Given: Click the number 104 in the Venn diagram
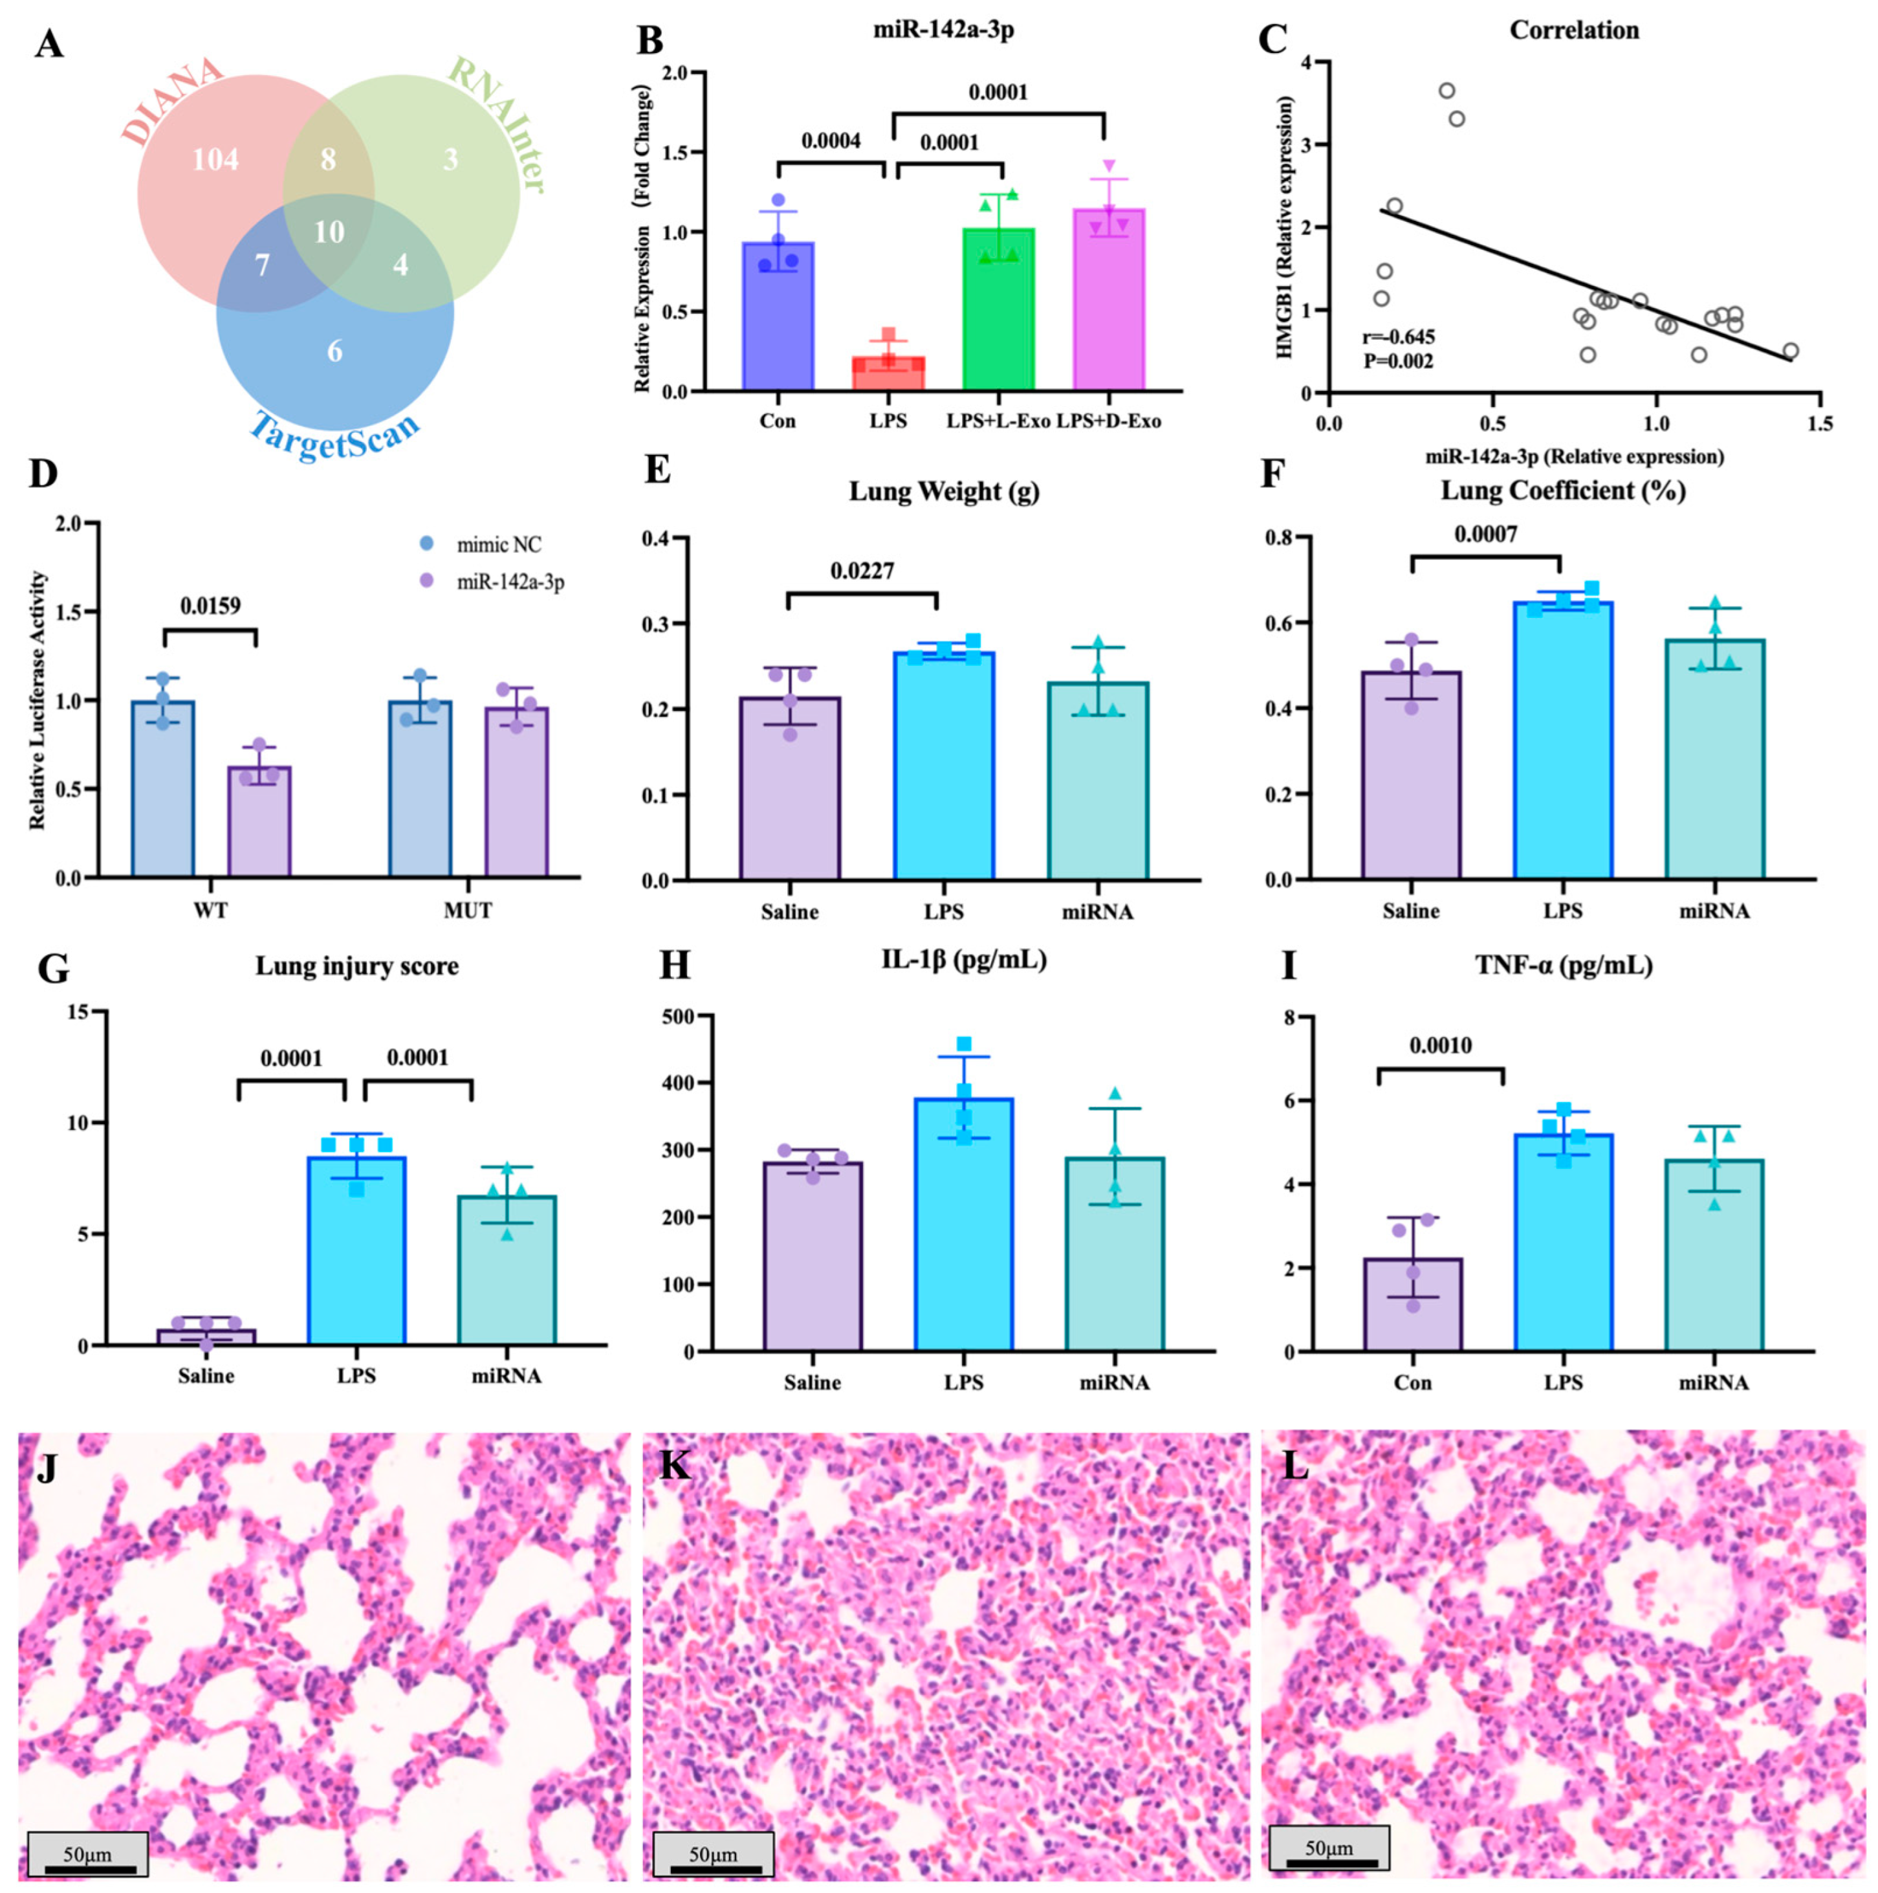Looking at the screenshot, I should [215, 159].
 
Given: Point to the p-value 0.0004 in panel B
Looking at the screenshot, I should [831, 141].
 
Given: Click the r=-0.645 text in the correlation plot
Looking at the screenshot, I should [1398, 338].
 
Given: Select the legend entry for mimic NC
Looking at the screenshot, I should [497, 544].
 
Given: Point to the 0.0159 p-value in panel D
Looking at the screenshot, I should [210, 606].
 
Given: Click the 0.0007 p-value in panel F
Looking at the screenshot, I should [1485, 534].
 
